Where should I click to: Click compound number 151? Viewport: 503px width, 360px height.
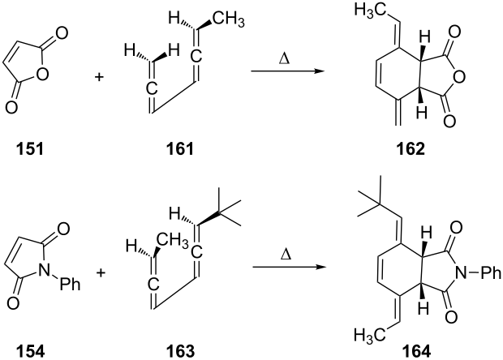(23, 150)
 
